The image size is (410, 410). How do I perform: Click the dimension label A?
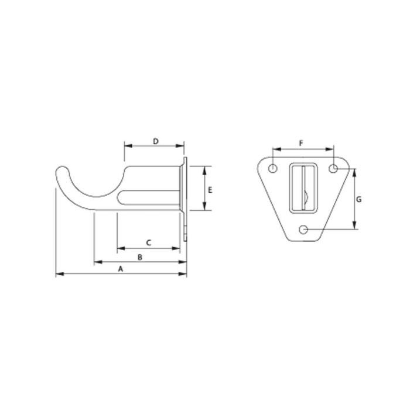coord(121,268)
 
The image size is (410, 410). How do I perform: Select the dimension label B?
coord(139,257)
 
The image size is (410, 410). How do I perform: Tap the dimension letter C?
coord(148,242)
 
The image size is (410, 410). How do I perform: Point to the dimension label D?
coord(155,141)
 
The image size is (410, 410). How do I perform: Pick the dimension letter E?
coord(210,189)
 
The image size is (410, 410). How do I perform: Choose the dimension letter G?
coord(358,199)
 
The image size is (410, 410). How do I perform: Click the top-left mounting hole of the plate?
coord(273,169)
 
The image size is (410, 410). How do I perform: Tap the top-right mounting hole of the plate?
coord(333,169)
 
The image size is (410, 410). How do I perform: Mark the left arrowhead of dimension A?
coord(57,274)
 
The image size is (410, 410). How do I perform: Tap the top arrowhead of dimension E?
coord(203,169)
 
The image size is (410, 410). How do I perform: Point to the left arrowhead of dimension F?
coord(275,149)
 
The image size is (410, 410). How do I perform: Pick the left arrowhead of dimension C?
coord(119,248)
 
